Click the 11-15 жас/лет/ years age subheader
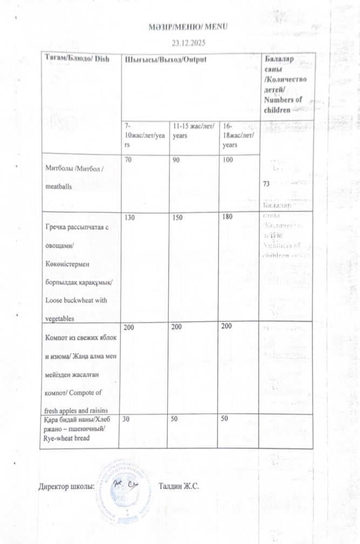193,131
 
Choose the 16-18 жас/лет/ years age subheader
237,135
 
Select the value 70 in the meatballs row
129,161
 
